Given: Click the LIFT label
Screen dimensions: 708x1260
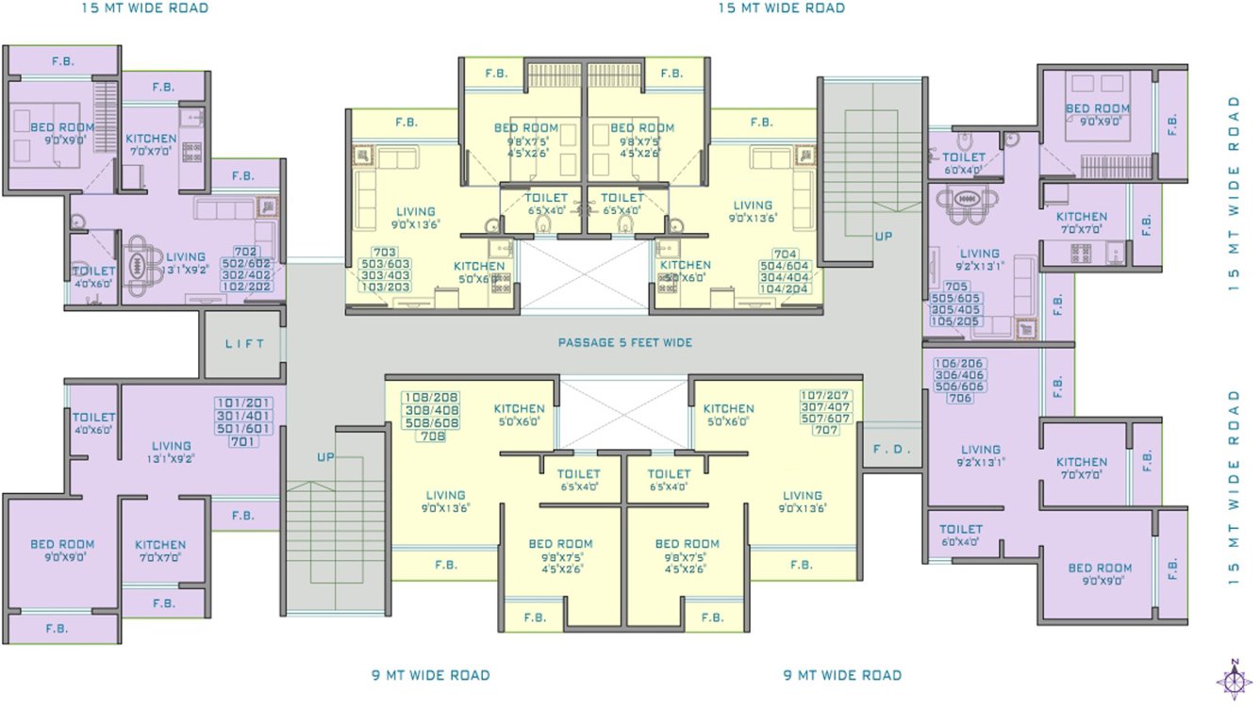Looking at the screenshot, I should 244,344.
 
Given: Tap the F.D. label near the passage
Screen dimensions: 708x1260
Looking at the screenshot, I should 891,450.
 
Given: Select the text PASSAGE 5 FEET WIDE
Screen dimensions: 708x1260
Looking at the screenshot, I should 624,342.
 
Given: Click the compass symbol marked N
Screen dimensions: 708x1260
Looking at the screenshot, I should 1234,678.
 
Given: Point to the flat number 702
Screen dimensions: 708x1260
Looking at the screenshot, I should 245,252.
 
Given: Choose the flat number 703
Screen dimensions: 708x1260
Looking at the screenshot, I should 385,253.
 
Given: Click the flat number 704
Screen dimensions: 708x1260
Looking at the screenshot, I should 786,255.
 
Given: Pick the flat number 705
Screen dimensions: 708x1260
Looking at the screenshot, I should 955,287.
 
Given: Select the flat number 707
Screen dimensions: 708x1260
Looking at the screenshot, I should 825,430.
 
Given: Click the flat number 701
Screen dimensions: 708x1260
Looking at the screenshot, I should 243,441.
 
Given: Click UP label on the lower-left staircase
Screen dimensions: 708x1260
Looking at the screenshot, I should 325,457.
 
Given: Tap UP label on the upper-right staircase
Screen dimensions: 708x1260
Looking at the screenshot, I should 883,236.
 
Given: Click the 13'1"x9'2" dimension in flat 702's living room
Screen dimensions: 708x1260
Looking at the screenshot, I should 186,270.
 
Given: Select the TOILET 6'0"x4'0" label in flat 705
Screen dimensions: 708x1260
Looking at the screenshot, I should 962,163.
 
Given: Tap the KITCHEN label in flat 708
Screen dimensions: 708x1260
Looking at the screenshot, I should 519,409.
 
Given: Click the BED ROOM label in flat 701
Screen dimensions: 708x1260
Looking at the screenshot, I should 62,544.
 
